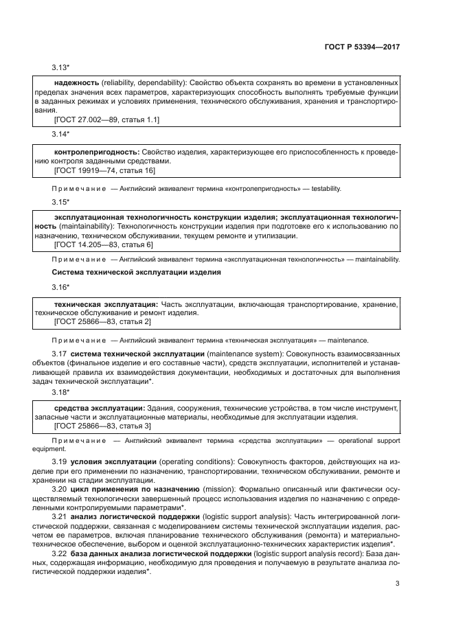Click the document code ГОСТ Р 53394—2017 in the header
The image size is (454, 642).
tap(363, 49)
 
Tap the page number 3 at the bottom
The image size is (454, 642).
tap(397, 584)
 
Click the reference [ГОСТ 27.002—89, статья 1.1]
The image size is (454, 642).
tap(106, 119)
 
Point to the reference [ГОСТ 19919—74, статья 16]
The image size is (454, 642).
tap(104, 170)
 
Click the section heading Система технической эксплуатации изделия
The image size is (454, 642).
tap(128, 273)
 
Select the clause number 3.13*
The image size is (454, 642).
tap(62, 67)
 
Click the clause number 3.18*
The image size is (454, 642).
tap(62, 391)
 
